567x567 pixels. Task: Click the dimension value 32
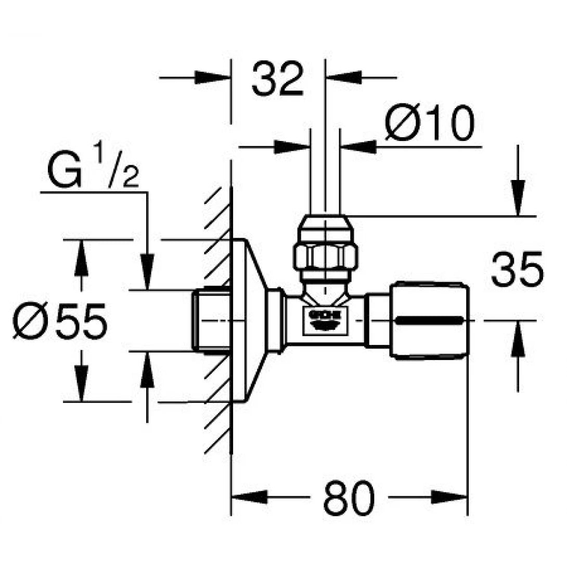click(x=277, y=80)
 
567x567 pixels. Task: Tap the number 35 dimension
click(x=517, y=269)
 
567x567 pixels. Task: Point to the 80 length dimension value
click(x=349, y=498)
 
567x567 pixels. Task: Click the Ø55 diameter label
click(x=60, y=321)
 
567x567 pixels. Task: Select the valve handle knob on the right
click(x=430, y=320)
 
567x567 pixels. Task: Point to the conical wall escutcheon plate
click(x=249, y=320)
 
